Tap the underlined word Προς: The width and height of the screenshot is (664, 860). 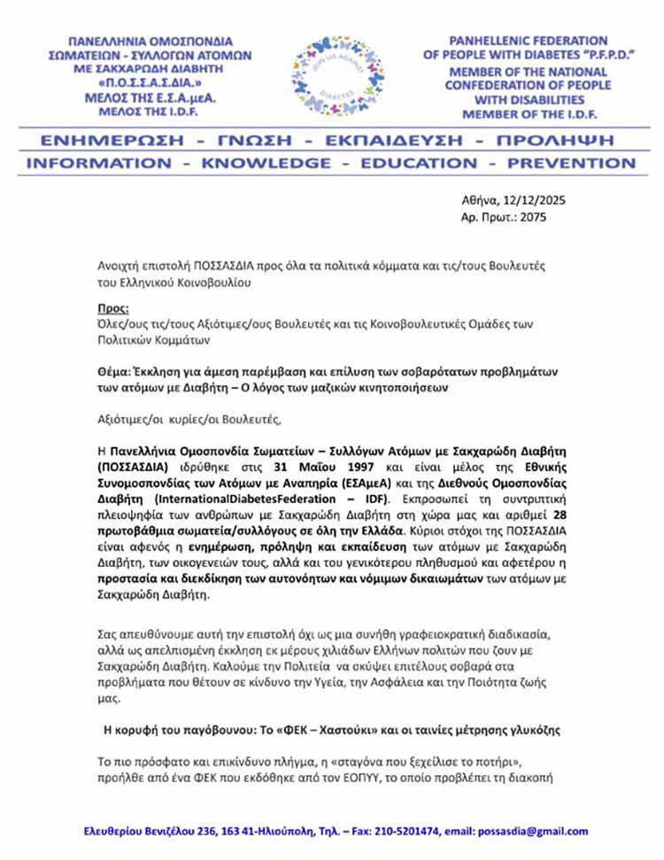pos(112,309)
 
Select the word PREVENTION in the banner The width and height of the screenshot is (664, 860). pos(569,163)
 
